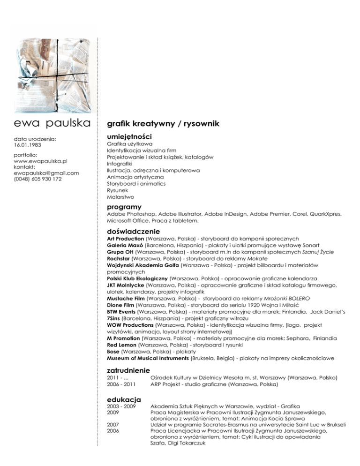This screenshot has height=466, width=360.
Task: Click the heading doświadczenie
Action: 134,231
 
